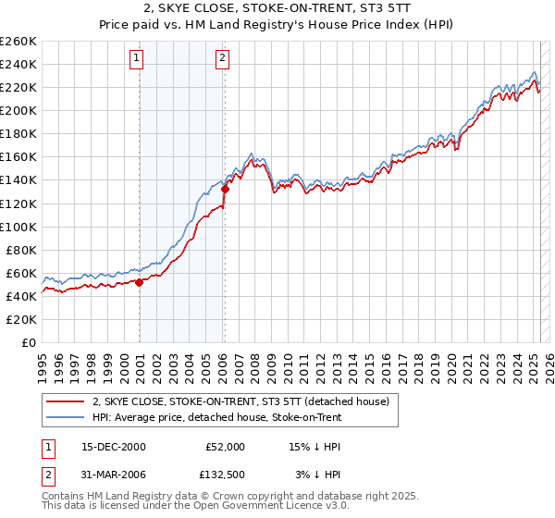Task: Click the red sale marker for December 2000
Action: pos(139,282)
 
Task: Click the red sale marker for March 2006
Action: pos(225,189)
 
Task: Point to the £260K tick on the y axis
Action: pos(18,42)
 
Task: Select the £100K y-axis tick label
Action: pos(18,227)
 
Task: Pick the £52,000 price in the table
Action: pos(225,446)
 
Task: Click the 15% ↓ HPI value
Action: pos(316,446)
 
